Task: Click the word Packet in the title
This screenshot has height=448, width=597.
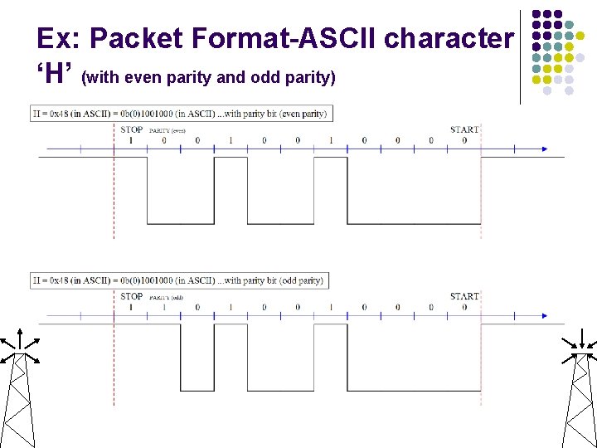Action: coord(136,39)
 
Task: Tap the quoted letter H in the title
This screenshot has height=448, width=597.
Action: coord(56,75)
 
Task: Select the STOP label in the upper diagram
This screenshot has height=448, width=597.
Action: coord(131,129)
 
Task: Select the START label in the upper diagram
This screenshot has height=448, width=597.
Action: coord(464,129)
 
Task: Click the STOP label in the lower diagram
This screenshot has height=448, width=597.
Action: coord(131,296)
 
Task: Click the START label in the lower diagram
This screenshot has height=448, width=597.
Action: coord(464,296)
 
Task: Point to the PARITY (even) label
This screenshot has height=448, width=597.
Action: coord(167,130)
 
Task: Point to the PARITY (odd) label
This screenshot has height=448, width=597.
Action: coord(166,297)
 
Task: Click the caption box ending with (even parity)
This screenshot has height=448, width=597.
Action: coord(181,113)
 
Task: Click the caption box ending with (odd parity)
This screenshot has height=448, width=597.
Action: coord(179,280)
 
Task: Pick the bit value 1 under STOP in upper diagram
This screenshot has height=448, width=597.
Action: coord(131,140)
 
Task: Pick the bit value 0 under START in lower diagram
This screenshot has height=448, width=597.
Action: coord(464,307)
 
